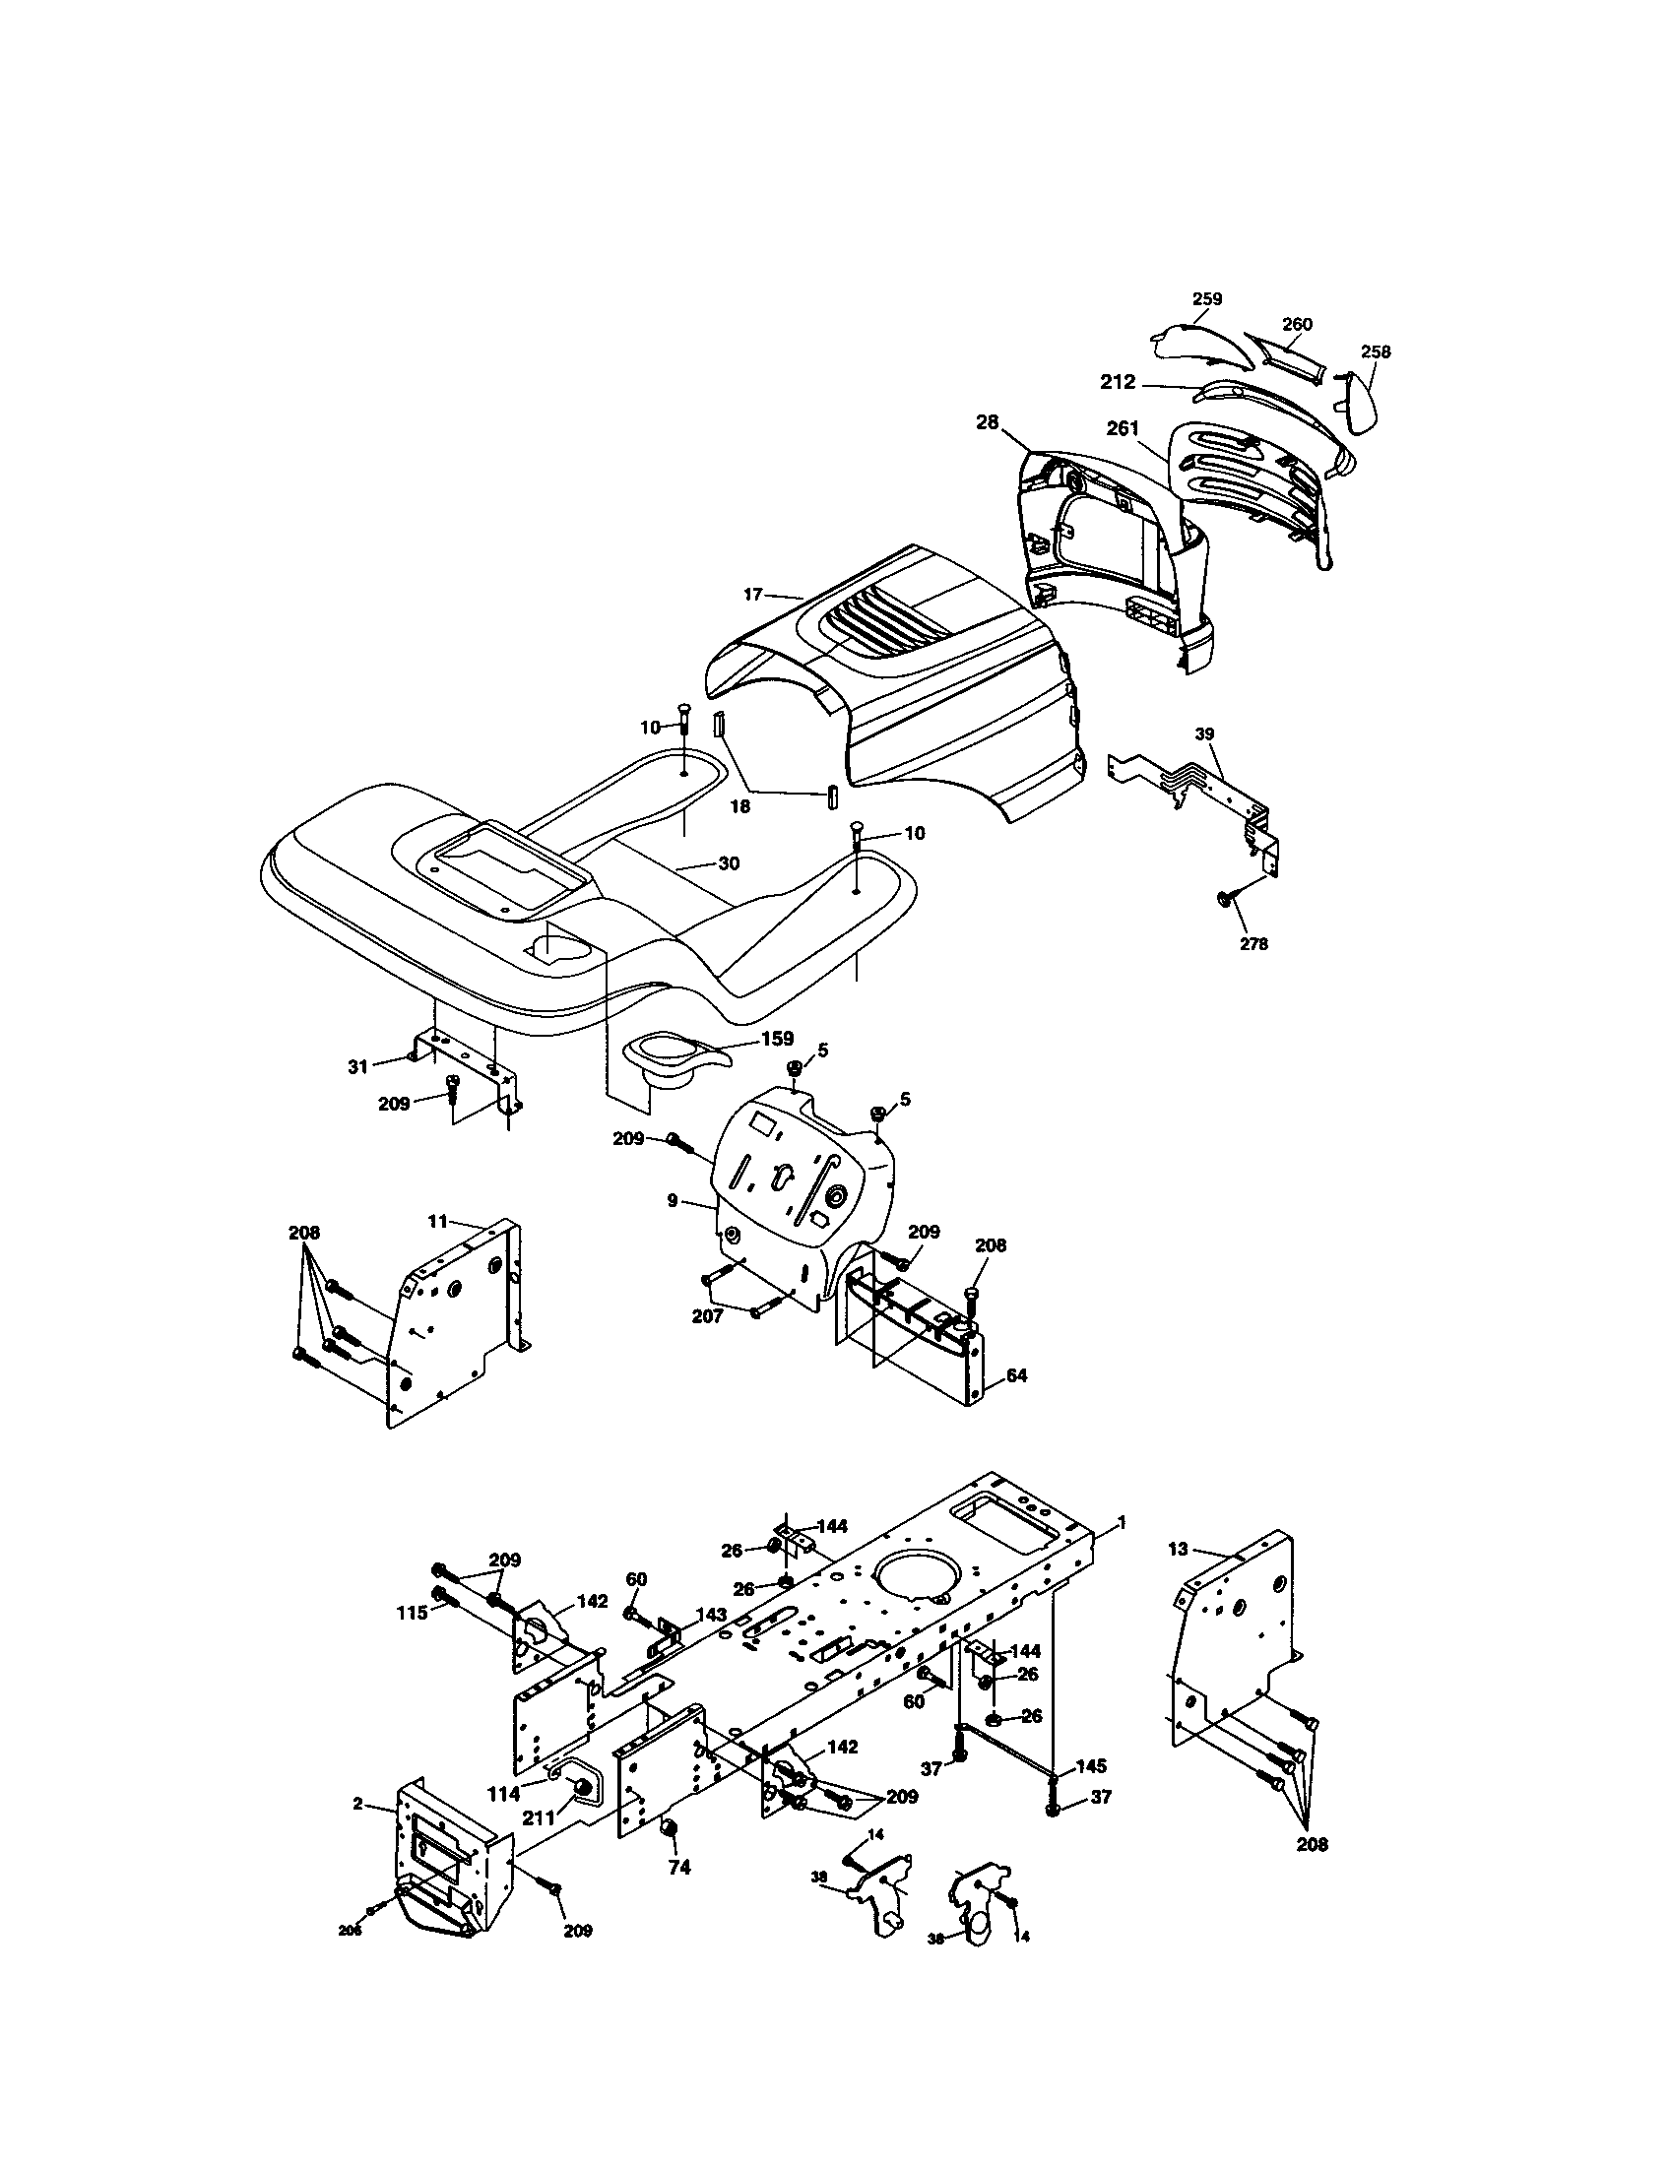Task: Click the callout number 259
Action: coord(1207,298)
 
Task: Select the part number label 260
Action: coord(1297,324)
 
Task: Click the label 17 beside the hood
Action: coord(752,594)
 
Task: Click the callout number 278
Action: coord(1253,944)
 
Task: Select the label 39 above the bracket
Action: coord(1204,733)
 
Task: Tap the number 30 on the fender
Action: coord(729,863)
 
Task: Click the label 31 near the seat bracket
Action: coord(358,1066)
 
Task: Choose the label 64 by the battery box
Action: coord(1016,1375)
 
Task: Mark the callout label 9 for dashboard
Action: coord(673,1200)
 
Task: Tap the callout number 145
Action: coord(1091,1766)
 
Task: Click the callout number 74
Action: coord(678,1868)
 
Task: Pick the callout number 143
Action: coord(711,1615)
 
